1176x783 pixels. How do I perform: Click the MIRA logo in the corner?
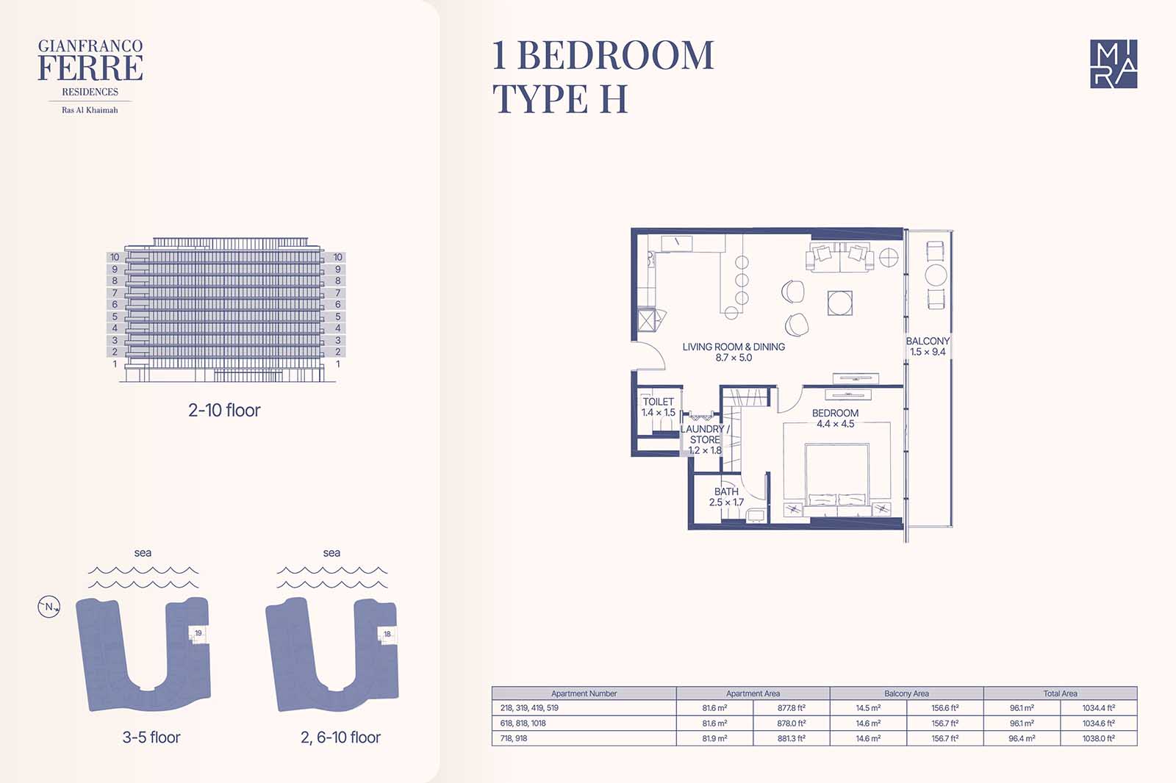1114,63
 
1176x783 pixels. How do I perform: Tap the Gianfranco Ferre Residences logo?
90,76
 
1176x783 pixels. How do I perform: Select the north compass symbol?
49,607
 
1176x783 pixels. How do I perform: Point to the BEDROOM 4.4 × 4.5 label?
835,418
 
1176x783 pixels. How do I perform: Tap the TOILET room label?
659,407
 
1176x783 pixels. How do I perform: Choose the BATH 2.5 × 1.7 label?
727,497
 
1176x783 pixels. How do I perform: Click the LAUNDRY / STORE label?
705,439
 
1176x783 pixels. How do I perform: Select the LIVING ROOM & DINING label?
734,352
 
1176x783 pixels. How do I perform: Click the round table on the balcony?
936,275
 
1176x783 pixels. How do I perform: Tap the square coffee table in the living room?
840,303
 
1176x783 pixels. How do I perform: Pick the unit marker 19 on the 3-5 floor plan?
198,633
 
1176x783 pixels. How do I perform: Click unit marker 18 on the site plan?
387,634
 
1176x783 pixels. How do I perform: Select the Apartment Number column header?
584,693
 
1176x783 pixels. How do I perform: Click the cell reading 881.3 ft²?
791,738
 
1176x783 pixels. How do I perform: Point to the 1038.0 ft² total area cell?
1098,738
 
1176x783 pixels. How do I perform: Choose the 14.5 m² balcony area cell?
868,708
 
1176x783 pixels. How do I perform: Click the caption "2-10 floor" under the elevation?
224,410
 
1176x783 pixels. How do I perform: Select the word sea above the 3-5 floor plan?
143,552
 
